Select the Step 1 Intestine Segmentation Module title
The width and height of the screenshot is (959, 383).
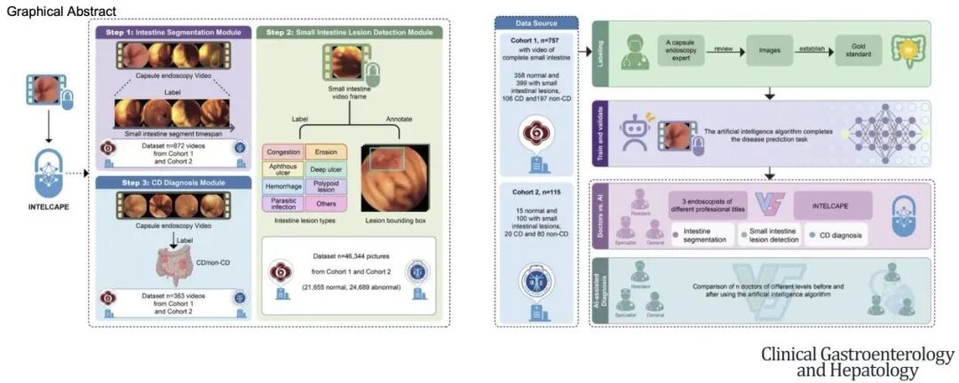173,33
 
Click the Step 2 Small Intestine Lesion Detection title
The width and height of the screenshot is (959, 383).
349,33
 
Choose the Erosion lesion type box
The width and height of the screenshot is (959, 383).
325,152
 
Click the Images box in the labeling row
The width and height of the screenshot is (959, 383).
769,51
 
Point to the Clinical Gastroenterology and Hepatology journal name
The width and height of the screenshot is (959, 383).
857,362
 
